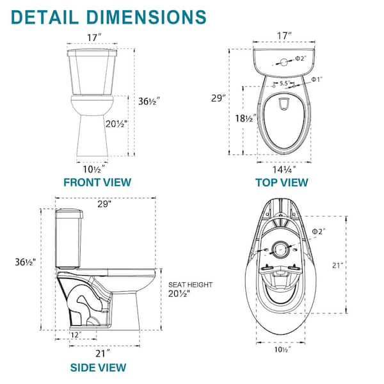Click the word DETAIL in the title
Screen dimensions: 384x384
(x=45, y=17)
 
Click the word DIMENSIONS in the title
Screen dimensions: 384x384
(x=147, y=17)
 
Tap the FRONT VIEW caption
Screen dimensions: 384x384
(x=97, y=182)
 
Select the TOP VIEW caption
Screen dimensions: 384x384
(x=282, y=182)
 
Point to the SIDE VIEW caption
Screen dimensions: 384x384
(x=98, y=367)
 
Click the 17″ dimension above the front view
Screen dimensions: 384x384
(x=94, y=38)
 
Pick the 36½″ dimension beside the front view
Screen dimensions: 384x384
(x=149, y=101)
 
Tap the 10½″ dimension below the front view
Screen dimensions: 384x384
(x=94, y=169)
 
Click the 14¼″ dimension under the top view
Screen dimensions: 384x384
(x=284, y=170)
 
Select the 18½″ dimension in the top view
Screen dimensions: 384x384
(x=246, y=118)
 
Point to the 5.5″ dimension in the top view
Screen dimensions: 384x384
(x=285, y=83)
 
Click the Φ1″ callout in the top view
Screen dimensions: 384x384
(x=317, y=79)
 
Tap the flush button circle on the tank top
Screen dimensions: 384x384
(x=284, y=62)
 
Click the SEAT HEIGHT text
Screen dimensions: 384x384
(x=190, y=285)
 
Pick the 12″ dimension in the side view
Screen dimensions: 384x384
(x=76, y=335)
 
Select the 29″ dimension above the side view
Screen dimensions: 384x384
(x=104, y=204)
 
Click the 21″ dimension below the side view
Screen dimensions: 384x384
(x=102, y=354)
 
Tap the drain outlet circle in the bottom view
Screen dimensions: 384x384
(x=280, y=250)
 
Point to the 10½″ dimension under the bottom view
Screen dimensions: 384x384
(x=283, y=349)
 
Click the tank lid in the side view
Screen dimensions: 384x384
(x=69, y=214)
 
